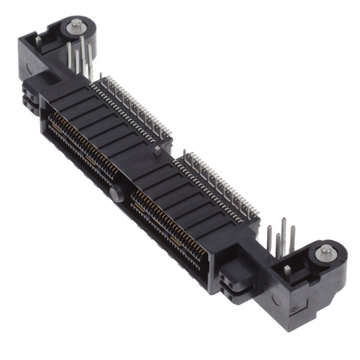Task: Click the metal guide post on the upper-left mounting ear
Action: [75, 25]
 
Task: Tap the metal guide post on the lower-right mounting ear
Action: [325, 251]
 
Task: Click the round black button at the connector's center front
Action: [115, 195]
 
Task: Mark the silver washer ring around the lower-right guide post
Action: [325, 256]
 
